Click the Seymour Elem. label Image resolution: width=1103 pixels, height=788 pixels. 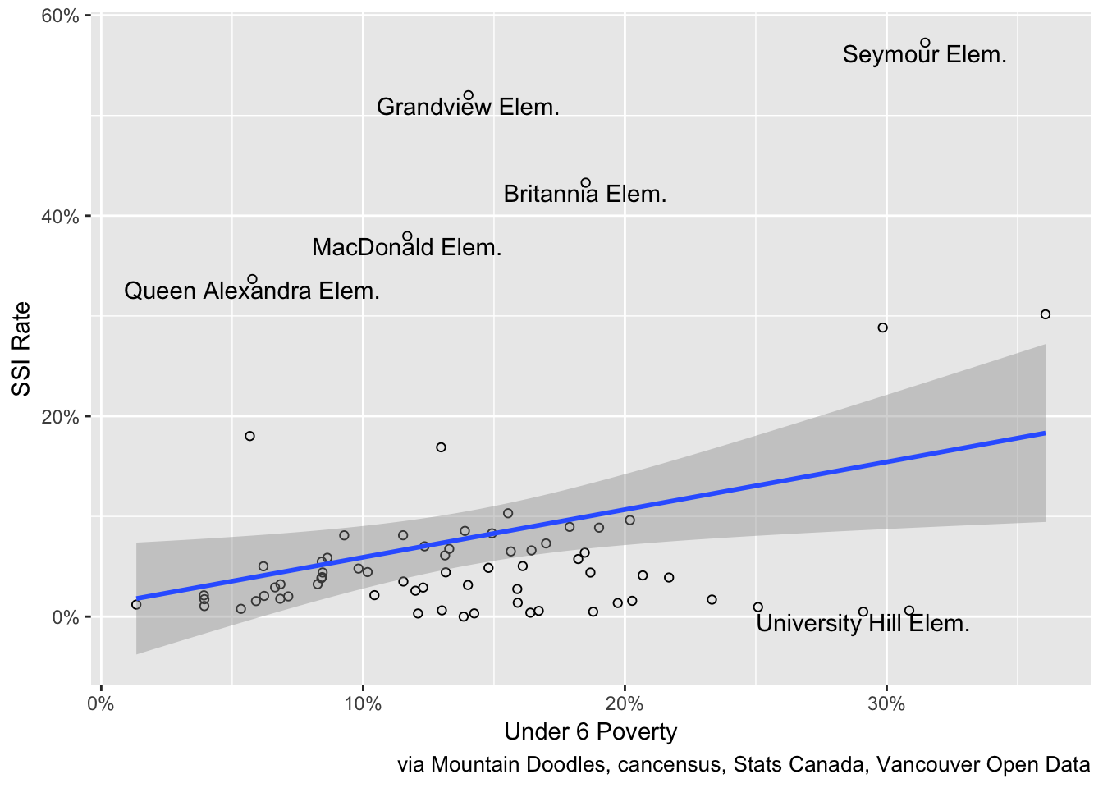click(924, 55)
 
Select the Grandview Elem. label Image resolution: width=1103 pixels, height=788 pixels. click(468, 107)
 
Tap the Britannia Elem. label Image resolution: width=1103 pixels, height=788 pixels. click(584, 195)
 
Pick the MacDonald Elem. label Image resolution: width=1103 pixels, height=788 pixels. click(406, 247)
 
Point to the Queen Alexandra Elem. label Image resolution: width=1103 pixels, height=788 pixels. click(252, 291)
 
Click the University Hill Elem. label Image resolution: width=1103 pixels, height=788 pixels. click(863, 624)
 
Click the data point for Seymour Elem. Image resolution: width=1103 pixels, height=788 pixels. click(925, 43)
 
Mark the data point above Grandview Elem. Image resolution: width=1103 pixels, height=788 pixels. click(469, 95)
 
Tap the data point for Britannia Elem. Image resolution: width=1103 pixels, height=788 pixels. click(585, 183)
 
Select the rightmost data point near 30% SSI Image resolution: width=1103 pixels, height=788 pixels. click(1045, 314)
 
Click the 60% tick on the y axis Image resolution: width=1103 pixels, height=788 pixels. click(61, 16)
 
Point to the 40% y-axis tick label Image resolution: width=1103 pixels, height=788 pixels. click(61, 217)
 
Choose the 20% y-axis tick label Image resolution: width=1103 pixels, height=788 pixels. click(61, 417)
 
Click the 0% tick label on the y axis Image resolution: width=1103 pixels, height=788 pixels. click(66, 617)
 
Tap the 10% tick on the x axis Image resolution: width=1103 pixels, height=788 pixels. click(363, 703)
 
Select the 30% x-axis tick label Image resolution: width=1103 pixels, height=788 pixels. click(886, 703)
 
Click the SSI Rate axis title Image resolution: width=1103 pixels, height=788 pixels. click(21, 349)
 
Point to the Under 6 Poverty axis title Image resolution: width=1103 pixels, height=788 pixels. click(591, 731)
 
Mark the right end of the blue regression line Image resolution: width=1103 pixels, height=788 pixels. click(1045, 433)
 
